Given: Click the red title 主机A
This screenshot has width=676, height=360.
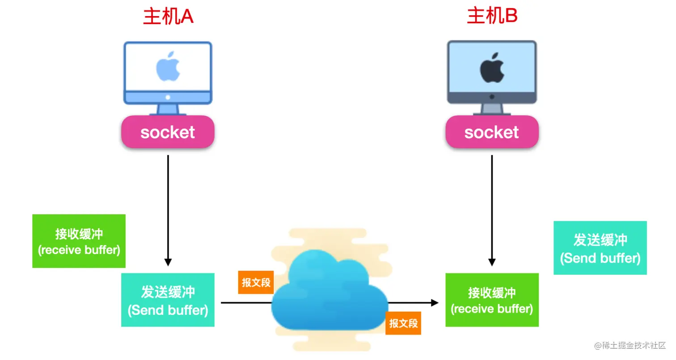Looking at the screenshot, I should [x=168, y=17].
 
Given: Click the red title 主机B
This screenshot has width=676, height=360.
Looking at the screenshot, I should [x=492, y=17].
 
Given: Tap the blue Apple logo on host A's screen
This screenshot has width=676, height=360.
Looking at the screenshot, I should [x=168, y=68].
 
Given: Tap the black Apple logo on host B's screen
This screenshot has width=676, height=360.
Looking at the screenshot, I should [x=492, y=68].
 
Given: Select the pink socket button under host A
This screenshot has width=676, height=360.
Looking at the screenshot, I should [x=168, y=132].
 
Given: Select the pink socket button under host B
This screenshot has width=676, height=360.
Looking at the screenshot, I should [x=492, y=132].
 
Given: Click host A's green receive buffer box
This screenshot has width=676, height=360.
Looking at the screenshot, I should [x=79, y=241].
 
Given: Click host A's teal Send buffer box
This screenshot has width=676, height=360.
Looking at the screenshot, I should [x=168, y=300].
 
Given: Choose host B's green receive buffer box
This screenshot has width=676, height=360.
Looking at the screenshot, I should [x=492, y=300].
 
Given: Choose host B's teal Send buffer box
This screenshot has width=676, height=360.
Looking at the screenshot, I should [x=600, y=248].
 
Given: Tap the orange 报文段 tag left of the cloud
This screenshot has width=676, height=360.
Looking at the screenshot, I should [x=256, y=282].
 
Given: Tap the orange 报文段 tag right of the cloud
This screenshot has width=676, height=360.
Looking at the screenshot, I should [x=403, y=323].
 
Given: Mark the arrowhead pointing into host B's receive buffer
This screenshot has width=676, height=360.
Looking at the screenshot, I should [x=434, y=303].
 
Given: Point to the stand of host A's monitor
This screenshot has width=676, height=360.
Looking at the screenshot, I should [x=168, y=110].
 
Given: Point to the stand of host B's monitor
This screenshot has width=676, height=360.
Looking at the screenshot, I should [x=492, y=110].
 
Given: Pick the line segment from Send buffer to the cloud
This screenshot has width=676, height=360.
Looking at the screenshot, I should [x=246, y=303].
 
